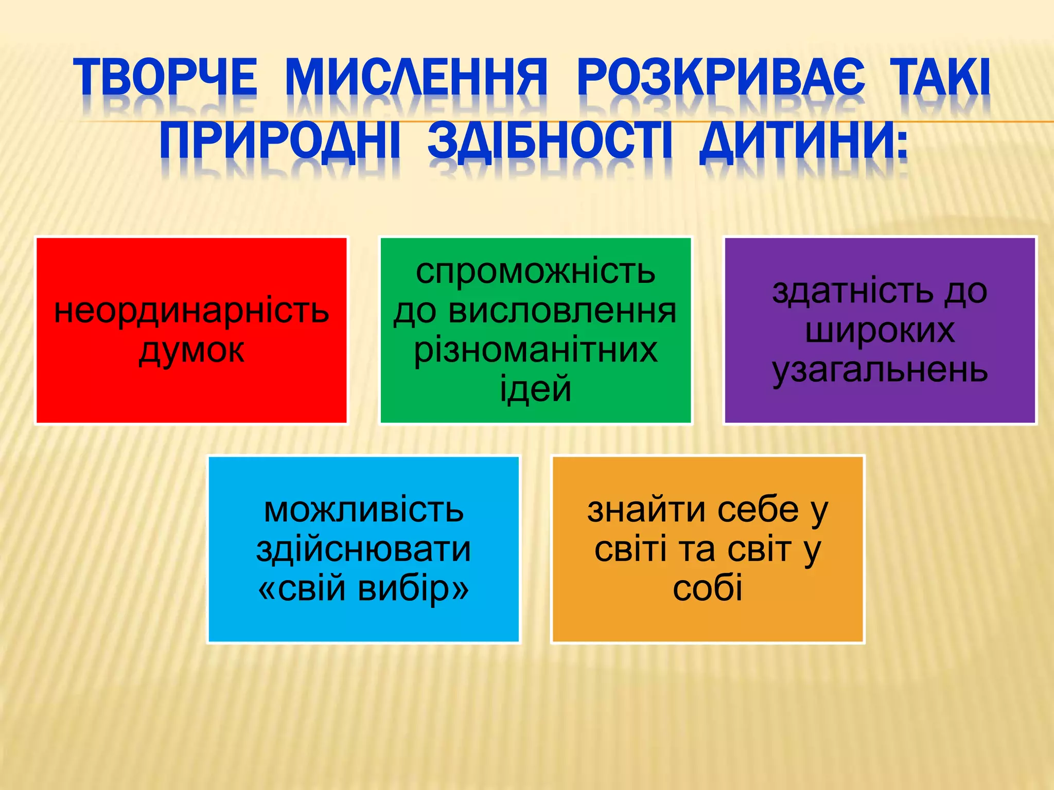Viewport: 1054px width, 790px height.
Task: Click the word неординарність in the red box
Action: pyautogui.click(x=191, y=311)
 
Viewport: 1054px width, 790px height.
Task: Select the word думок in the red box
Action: pyautogui.click(x=191, y=351)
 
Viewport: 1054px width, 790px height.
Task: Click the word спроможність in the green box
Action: pyautogui.click(x=535, y=272)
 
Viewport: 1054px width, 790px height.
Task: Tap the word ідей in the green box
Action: pyautogui.click(x=535, y=389)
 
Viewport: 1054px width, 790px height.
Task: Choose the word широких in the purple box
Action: pyautogui.click(x=880, y=330)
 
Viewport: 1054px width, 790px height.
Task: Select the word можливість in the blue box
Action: pyautogui.click(x=364, y=510)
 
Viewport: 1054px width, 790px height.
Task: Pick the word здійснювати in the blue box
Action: pyautogui.click(x=364, y=549)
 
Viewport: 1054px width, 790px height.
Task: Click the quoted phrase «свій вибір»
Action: pyautogui.click(x=364, y=588)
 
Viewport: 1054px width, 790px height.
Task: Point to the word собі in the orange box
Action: pyautogui.click(x=708, y=588)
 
